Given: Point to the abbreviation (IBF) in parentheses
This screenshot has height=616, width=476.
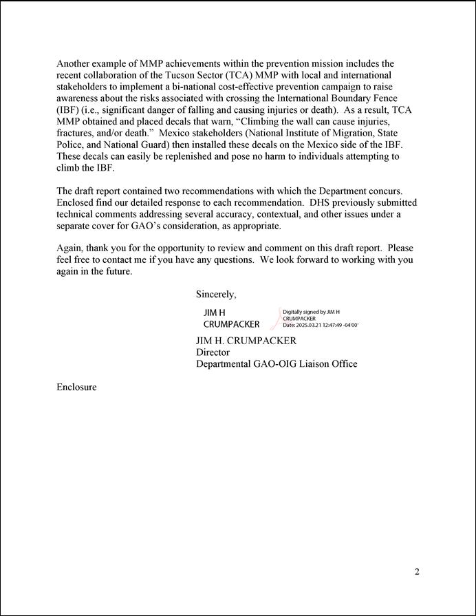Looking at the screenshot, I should click(x=70, y=110).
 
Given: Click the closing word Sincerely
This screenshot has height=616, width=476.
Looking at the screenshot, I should click(x=216, y=295).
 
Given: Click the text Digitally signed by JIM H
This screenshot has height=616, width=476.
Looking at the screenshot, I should click(x=312, y=312).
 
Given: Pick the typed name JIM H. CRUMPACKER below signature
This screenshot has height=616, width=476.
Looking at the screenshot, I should click(x=246, y=341).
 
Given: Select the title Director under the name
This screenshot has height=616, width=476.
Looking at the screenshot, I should click(x=213, y=352).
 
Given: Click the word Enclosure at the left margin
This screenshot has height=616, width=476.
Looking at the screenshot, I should click(x=76, y=387).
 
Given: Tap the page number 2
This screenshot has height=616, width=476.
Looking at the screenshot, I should click(x=417, y=572).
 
